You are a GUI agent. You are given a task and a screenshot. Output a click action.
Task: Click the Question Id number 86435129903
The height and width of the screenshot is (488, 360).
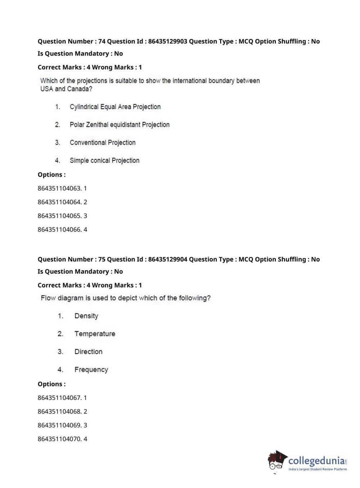coord(168,41)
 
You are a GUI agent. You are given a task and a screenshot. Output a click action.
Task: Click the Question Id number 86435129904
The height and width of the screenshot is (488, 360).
coord(168,259)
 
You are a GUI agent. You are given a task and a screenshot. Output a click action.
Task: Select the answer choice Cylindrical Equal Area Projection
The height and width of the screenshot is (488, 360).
coord(115,107)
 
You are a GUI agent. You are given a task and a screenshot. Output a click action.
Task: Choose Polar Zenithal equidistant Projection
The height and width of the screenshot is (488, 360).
coord(119,125)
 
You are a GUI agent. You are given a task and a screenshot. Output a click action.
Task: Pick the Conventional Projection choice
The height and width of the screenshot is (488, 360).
coord(102,143)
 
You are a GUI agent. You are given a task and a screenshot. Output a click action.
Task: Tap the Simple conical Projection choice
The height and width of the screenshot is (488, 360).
coord(104,161)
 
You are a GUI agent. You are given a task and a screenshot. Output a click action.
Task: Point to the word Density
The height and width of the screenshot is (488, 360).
coord(86,316)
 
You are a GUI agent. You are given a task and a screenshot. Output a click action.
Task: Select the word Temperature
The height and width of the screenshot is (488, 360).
coord(95,334)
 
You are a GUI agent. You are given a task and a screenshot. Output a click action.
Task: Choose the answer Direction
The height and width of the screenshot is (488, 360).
coord(88,352)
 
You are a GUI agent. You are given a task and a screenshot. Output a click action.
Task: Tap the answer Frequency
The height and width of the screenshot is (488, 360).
coord(91,370)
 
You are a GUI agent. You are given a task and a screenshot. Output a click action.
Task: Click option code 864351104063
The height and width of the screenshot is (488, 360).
coord(59,189)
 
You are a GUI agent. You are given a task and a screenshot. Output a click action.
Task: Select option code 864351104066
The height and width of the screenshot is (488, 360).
coord(59,230)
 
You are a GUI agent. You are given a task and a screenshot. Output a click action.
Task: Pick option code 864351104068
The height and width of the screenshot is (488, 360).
coord(59,412)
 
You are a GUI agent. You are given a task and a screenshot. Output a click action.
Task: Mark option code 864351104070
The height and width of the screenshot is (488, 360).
coord(59,439)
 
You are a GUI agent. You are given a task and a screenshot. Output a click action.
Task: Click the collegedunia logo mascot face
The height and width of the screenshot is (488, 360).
coord(276,461)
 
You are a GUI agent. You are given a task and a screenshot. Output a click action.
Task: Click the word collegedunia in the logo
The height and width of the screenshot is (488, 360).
coord(316,461)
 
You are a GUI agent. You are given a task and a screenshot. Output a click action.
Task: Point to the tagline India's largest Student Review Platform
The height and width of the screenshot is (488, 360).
coord(318,469)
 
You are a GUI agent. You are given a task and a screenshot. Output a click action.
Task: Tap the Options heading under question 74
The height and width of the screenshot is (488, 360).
coord(51,175)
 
